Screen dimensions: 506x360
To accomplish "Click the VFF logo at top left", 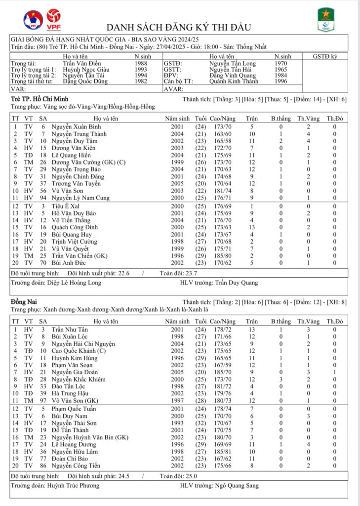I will (x=33, y=20).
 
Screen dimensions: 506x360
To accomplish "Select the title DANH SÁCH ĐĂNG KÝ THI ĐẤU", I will (x=179, y=27).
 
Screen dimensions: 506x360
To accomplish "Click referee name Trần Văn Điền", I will (x=81, y=64).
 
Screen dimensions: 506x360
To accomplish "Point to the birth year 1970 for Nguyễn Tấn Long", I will (x=282, y=64).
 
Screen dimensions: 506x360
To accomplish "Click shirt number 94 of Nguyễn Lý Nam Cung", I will (x=43, y=197).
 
